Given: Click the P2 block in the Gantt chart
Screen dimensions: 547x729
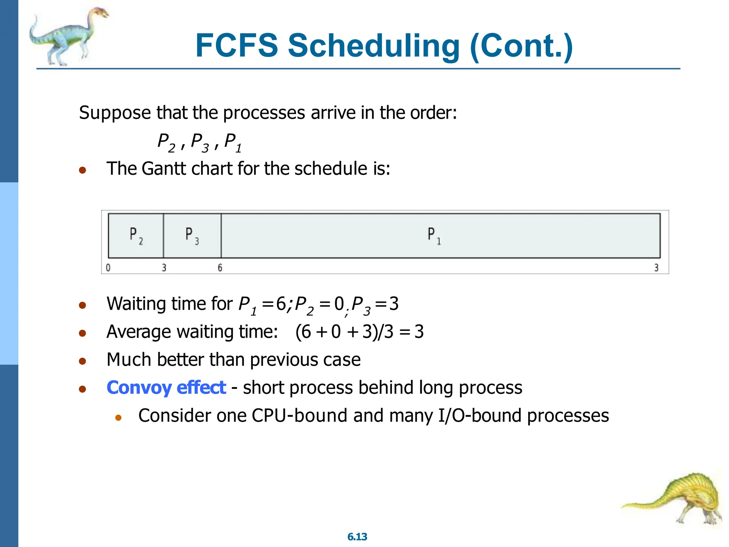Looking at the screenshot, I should click(x=136, y=236).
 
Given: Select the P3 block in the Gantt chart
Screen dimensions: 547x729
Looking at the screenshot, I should click(x=192, y=236).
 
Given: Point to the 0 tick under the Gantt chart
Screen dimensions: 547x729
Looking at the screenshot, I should click(x=108, y=267).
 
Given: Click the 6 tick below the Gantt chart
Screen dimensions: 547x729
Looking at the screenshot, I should click(x=220, y=267).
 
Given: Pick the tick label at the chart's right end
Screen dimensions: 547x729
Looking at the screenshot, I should click(x=656, y=267).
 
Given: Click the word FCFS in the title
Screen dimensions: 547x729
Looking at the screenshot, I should click(x=236, y=46).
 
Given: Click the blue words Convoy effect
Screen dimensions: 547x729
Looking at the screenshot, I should click(x=166, y=387).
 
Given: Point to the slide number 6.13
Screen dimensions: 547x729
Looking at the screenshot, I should click(x=357, y=537).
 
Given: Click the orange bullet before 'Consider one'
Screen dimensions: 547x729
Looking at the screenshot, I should click(x=119, y=417).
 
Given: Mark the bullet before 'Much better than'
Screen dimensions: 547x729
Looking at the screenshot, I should click(x=83, y=361).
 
